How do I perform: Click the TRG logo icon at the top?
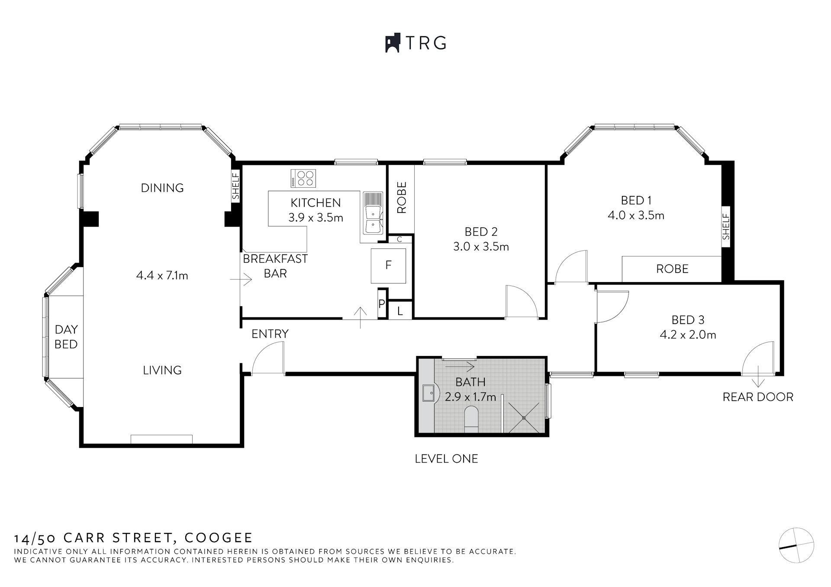[392, 43]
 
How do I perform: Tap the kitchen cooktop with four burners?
[303, 178]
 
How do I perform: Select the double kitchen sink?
[372, 219]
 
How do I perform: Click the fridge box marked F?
[388, 265]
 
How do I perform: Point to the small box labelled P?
[382, 304]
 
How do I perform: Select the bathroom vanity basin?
[430, 394]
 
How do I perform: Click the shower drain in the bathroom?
[524, 418]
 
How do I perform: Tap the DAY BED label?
[66, 337]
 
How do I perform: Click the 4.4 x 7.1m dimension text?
[162, 275]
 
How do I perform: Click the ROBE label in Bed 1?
[672, 269]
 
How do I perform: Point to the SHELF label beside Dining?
[235, 186]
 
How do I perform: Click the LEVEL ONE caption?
[446, 459]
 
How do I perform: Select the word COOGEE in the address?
[219, 538]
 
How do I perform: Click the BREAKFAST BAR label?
[275, 266]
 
